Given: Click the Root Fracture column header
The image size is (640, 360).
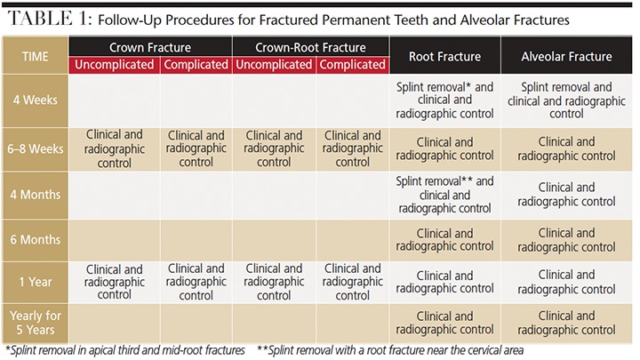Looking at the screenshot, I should pos(444,57).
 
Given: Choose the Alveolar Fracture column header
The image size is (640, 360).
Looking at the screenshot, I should pos(566,57).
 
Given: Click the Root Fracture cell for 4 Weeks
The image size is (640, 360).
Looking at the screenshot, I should pos(444,100).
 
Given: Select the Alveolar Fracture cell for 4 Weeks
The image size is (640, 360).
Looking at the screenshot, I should pos(566,100).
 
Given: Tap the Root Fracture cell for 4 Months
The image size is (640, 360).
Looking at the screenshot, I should pos(444,195).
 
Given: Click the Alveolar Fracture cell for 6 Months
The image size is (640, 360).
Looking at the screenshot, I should pos(566,239).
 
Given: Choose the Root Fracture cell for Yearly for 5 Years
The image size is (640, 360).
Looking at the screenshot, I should pos(444,321).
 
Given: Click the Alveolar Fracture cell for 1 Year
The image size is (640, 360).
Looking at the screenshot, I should pos(566,282).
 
